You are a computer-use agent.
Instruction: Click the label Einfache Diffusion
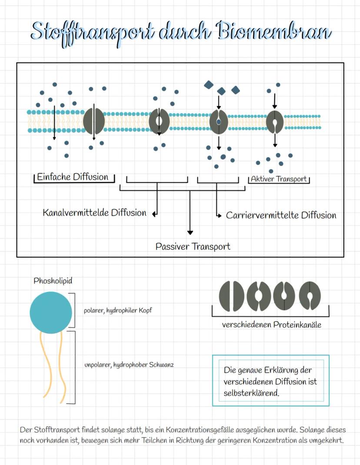point(73,177)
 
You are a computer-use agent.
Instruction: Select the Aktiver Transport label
point(279,179)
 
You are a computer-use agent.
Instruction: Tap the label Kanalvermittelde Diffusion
point(94,213)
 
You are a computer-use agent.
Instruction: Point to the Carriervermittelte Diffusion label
point(281,215)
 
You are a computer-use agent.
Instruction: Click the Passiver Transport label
point(193,246)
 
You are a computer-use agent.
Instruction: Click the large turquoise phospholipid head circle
point(51,312)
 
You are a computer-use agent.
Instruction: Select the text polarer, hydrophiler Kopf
point(118,311)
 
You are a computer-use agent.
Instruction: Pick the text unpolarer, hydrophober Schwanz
point(129,365)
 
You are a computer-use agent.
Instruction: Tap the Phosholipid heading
point(53,281)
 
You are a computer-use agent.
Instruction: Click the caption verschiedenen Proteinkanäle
point(271,324)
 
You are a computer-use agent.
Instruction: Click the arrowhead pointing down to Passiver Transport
point(190,232)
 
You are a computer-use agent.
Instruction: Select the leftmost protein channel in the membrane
point(94,121)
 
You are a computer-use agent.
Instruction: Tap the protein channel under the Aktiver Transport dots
point(275,121)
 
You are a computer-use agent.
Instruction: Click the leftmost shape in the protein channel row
point(231,296)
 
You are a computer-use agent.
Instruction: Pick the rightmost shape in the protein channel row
point(310,296)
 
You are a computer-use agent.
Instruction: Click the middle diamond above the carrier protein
point(221,91)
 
